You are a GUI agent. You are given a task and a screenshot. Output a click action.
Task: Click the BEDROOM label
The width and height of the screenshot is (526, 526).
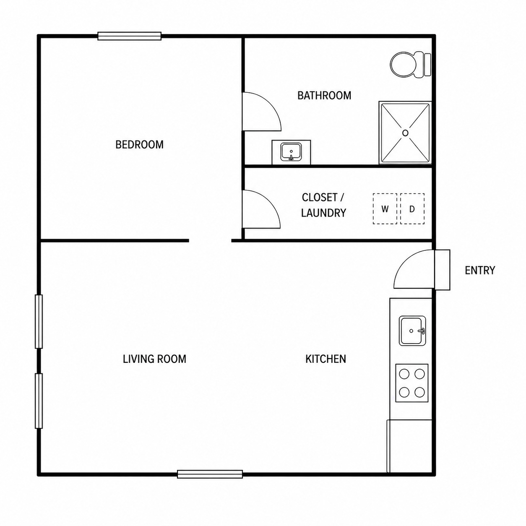pos(139,144)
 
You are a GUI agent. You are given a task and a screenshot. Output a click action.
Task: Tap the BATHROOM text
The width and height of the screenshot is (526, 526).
pos(324,95)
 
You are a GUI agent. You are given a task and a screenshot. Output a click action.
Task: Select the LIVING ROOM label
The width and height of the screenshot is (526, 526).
pos(154,359)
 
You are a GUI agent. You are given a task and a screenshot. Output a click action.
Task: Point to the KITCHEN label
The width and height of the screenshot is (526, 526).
pos(325,359)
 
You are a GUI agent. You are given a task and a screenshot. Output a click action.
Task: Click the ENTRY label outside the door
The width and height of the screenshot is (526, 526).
pos(479,270)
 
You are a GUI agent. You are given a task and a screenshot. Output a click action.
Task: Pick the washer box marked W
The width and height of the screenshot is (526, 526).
pos(385,209)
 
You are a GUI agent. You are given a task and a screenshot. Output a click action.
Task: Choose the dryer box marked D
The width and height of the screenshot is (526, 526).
pos(412,209)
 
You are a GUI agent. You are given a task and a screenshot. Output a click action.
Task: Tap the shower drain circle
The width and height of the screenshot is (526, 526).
pos(405,133)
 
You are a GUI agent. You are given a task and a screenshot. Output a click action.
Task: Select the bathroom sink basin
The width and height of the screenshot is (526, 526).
pos(291,152)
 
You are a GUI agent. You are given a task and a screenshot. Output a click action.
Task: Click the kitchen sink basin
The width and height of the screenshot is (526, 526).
pos(412,331)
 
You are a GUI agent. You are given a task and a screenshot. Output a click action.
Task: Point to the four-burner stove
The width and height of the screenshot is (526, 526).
pos(411,383)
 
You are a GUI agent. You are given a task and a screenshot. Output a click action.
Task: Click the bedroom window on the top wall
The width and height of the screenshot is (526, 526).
pos(129,36)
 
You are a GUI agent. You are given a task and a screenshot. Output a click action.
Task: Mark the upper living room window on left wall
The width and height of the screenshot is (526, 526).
pos(39,322)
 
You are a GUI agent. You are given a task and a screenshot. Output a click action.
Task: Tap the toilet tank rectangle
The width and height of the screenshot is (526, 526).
pos(428,65)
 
